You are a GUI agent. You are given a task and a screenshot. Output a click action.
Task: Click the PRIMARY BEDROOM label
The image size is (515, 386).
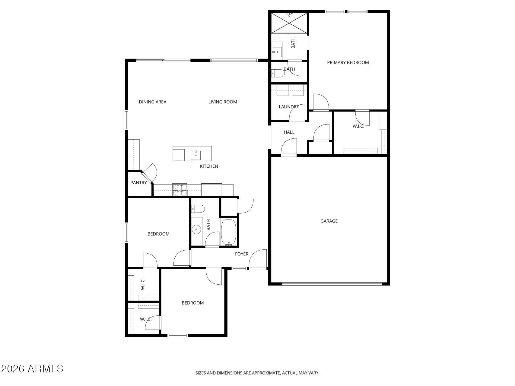(348, 62)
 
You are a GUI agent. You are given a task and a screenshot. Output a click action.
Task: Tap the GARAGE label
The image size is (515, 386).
(329, 221)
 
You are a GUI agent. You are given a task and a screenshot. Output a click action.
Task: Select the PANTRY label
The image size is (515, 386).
(138, 183)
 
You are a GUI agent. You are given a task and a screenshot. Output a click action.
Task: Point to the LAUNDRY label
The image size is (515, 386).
(289, 107)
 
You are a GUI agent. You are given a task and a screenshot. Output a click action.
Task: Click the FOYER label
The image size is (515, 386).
(242, 254)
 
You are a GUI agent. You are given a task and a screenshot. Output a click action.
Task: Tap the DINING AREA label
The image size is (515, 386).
(153, 102)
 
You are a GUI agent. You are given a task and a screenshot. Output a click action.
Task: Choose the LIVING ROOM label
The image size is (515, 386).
(223, 102)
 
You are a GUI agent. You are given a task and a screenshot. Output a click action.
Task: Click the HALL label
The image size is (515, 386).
(289, 132)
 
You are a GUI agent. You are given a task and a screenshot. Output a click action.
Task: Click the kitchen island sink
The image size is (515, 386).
(196, 155)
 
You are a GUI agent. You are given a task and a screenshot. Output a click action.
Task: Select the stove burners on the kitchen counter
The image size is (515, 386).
(180, 190)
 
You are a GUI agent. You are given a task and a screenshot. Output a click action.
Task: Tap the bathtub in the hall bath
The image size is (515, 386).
(229, 232)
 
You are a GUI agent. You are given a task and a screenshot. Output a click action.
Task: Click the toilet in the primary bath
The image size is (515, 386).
(278, 73)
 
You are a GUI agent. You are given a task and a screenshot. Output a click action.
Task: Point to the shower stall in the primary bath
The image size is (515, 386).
(289, 23)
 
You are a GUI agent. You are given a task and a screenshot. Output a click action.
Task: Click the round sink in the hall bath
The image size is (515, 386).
(196, 230)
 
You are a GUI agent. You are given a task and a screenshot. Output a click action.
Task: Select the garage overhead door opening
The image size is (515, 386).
(332, 283)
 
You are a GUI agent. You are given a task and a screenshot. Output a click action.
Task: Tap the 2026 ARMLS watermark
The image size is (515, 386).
(32, 369)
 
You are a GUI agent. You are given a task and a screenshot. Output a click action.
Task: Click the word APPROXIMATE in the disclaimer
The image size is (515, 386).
(265, 373)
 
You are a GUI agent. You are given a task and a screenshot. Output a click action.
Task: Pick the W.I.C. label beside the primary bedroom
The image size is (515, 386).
(358, 126)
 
